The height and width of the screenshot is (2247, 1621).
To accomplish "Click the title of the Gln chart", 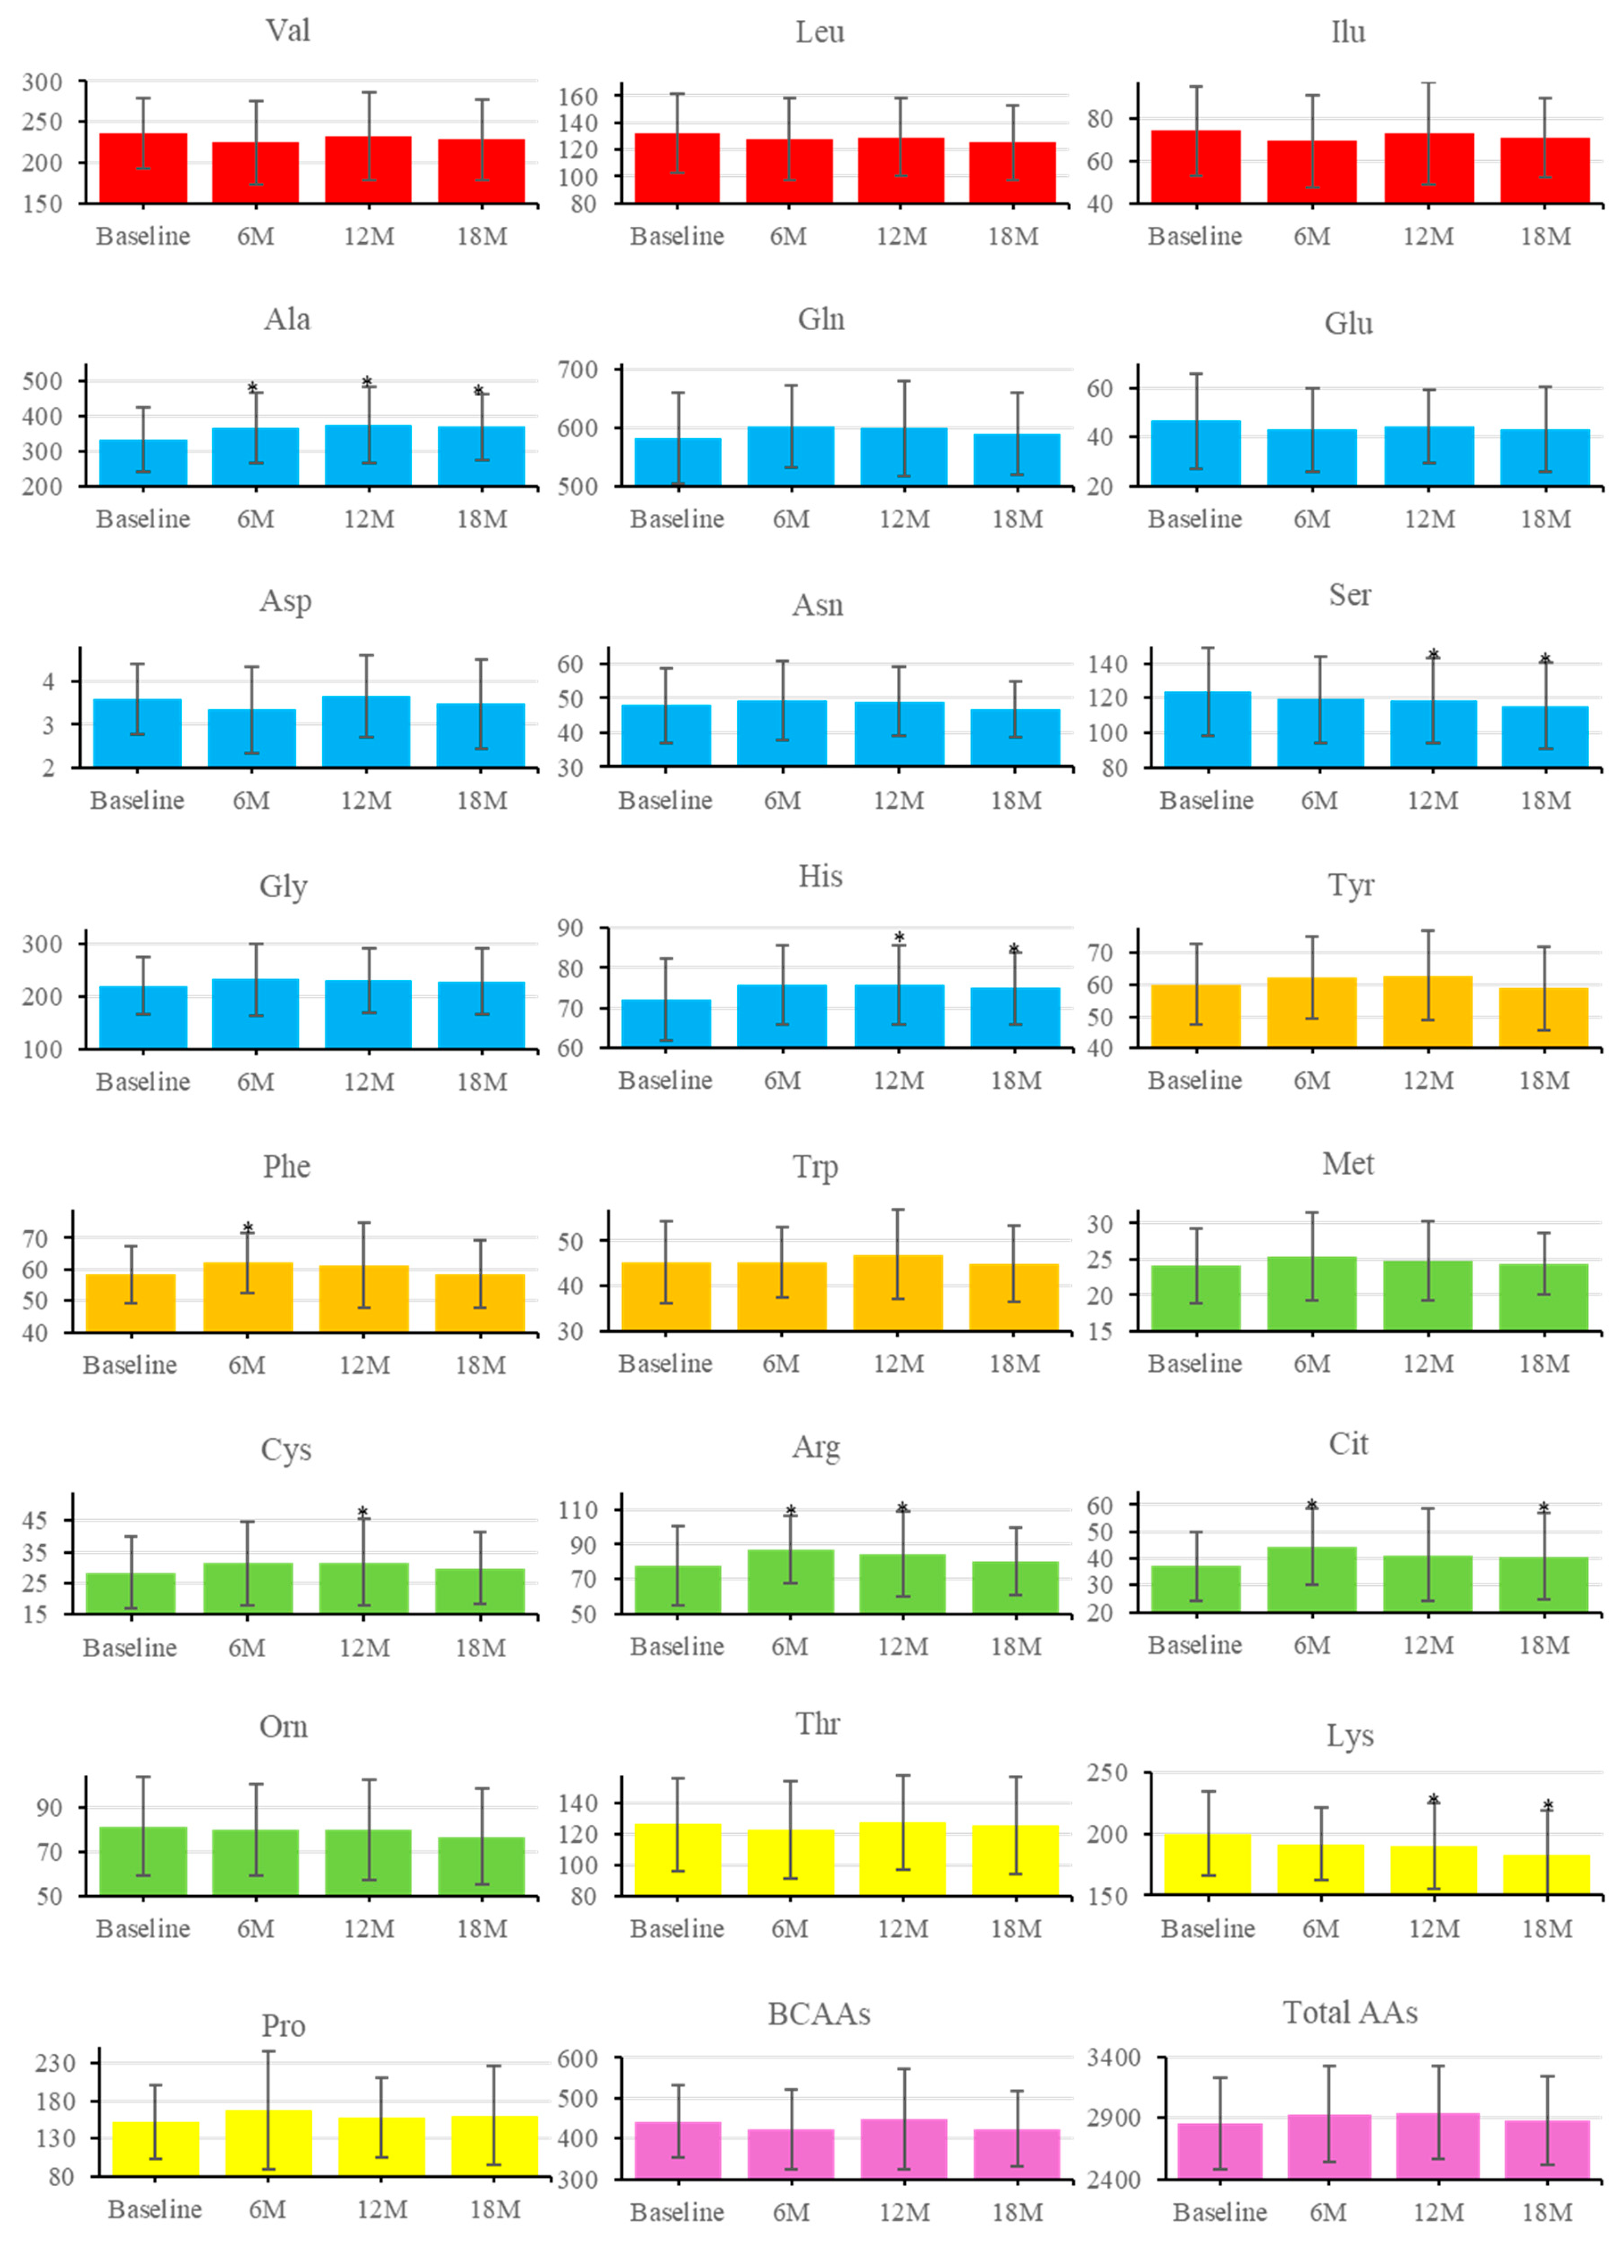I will click(x=820, y=319).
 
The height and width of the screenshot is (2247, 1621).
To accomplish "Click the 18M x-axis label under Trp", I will click(x=1015, y=1364).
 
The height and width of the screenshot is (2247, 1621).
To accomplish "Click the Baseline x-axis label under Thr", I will click(x=677, y=1929).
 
